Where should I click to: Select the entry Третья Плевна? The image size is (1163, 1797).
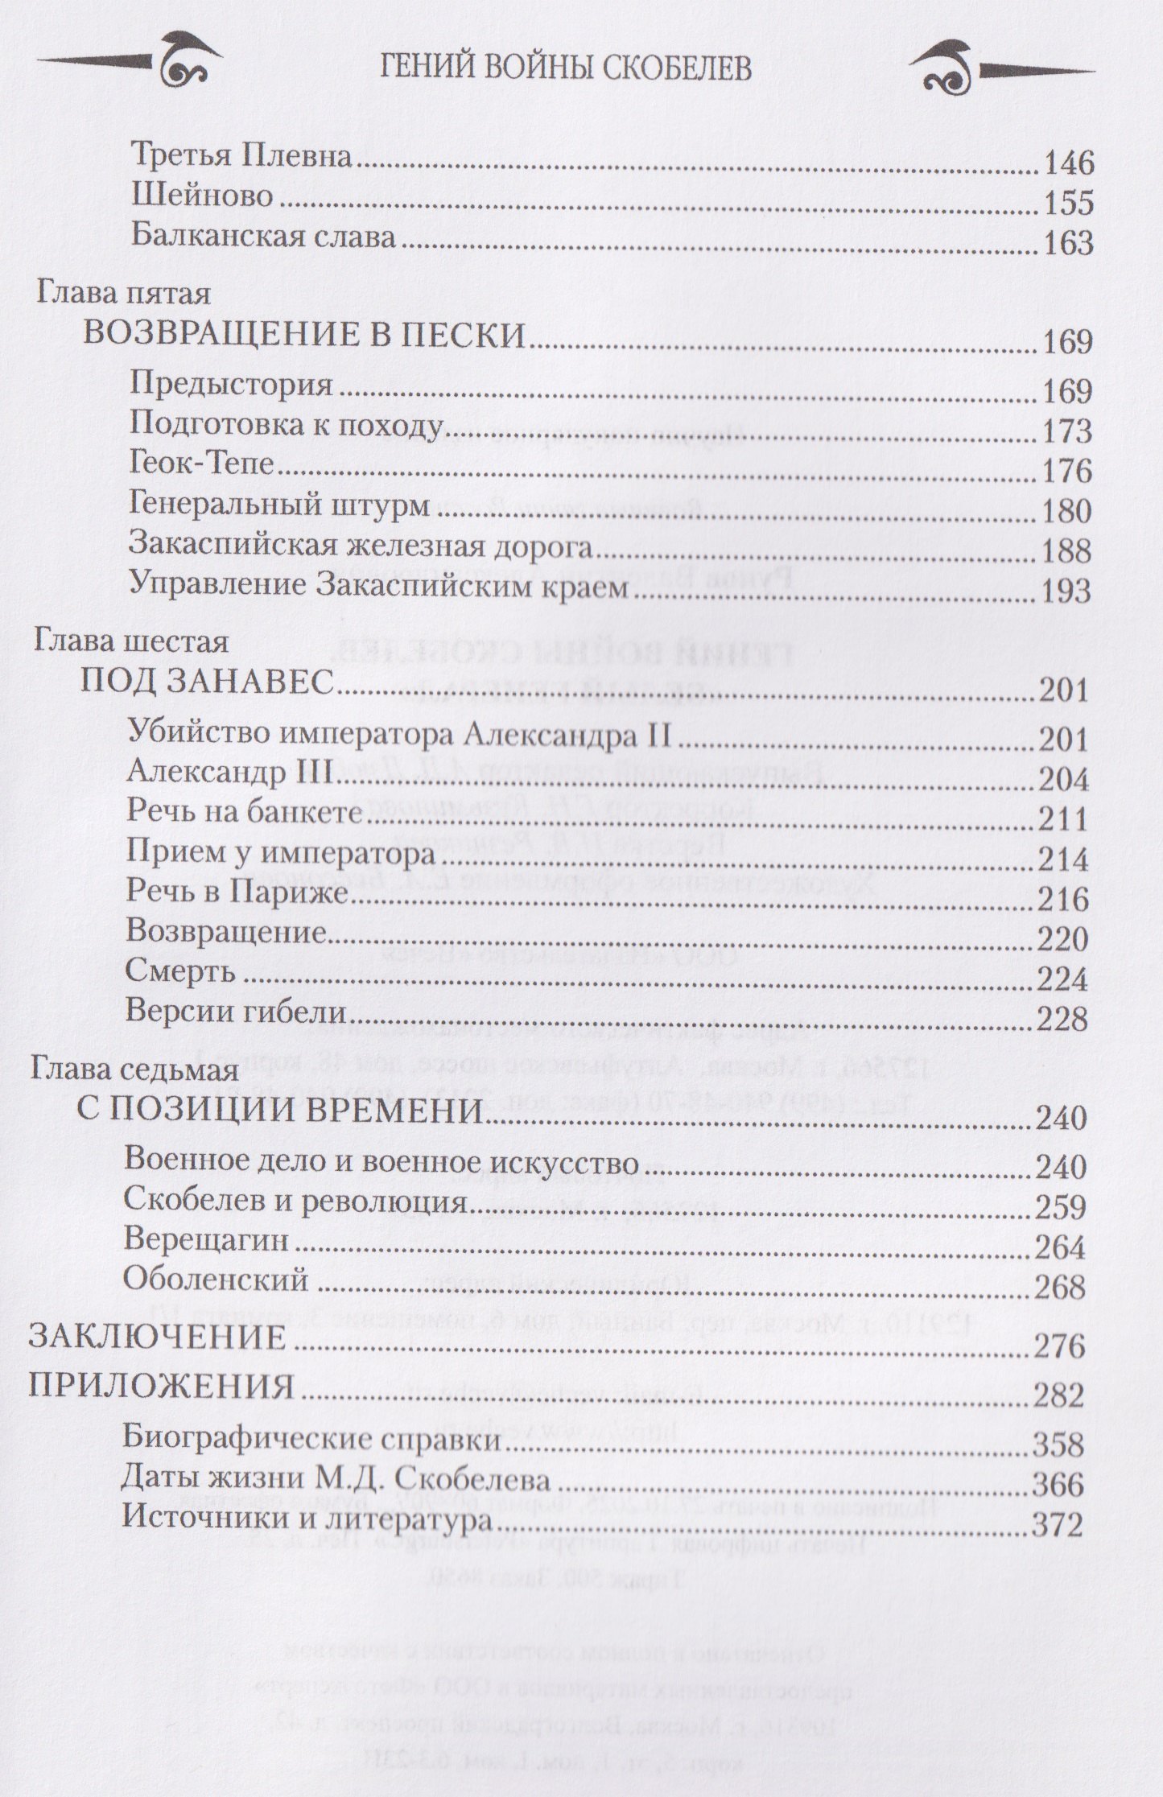[241, 157]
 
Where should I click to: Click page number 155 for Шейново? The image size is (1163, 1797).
[1069, 202]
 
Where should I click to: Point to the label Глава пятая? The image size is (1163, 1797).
[123, 294]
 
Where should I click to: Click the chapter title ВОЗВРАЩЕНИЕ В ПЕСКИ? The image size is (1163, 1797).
[305, 336]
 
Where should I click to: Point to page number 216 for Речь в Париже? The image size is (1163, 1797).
[1065, 899]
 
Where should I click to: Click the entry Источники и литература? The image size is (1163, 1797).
[308, 1522]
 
